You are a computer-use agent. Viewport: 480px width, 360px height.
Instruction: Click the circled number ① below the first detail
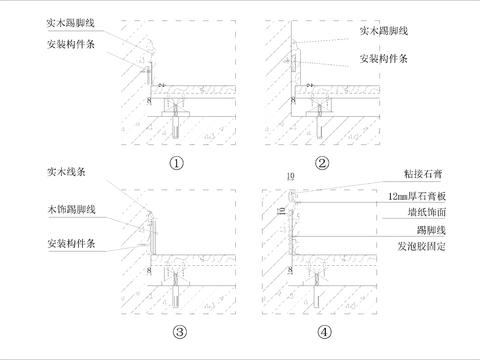(178, 162)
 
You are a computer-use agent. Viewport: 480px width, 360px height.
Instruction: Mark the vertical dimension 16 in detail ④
(283, 208)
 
